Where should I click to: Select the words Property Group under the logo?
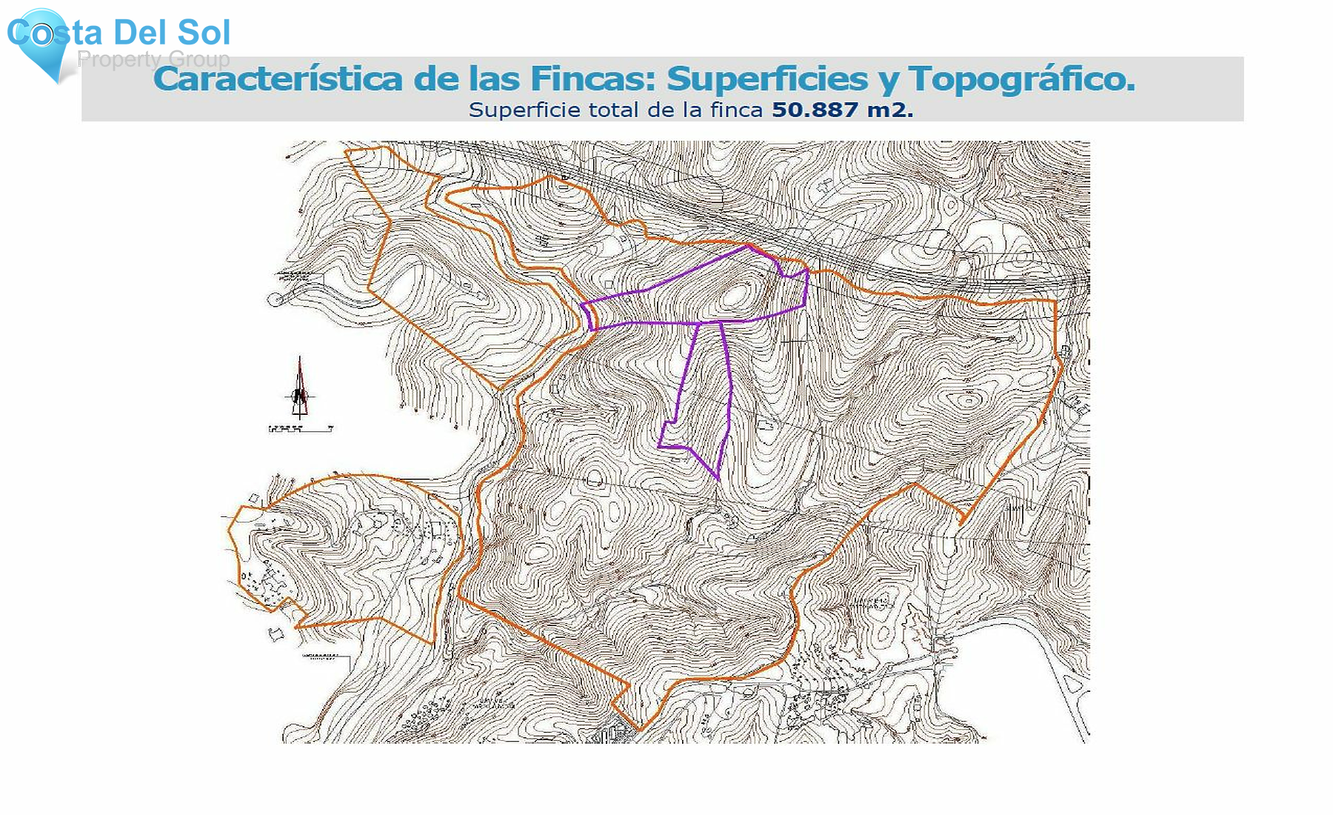(x=154, y=59)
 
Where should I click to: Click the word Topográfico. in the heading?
(x=1022, y=79)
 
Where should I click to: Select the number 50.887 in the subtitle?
(x=815, y=110)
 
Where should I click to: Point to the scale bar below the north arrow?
(x=300, y=428)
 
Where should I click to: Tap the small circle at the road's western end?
(x=275, y=300)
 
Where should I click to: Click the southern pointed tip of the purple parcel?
(x=718, y=479)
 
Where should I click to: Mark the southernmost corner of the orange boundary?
(x=639, y=730)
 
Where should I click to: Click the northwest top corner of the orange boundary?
(x=347, y=151)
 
